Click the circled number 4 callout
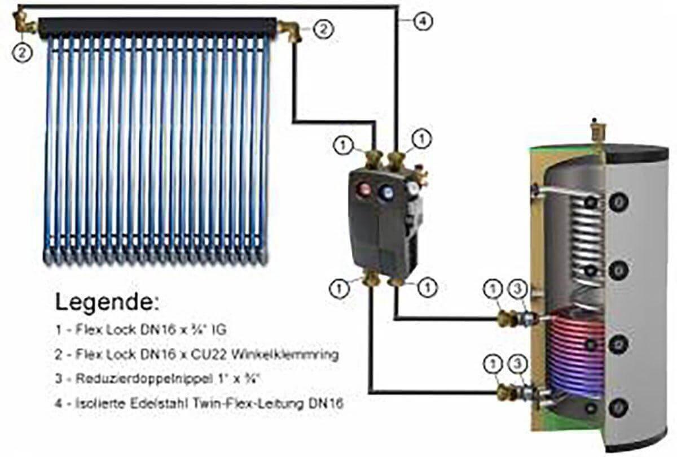tap(421, 22)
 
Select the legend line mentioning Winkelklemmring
tap(197, 355)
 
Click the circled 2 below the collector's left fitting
tap(22, 51)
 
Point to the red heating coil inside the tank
tap(570, 350)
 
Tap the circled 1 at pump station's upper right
tap(422, 138)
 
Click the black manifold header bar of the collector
tap(158, 26)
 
